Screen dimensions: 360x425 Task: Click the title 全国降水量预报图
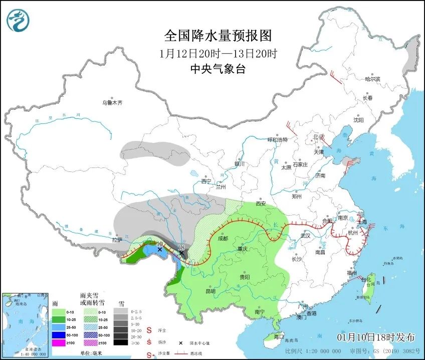[x=218, y=36]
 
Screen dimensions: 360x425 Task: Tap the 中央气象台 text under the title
[x=218, y=70]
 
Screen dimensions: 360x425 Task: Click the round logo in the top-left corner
[x=18, y=21]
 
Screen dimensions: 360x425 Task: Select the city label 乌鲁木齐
[x=112, y=103]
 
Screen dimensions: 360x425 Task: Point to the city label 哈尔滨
[x=372, y=79]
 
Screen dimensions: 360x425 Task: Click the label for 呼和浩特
[x=278, y=140]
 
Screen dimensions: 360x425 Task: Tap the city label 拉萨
[x=117, y=240]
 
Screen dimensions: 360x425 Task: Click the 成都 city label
[x=223, y=239]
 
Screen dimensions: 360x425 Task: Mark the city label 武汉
[x=305, y=236]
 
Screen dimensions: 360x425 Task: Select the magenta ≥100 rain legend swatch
[x=60, y=342]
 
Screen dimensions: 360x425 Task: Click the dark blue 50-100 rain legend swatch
[x=60, y=334]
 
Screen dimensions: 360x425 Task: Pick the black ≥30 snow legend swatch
[x=119, y=342]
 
